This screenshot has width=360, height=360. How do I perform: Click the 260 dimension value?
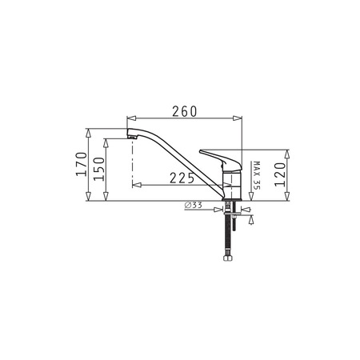tap(185, 111)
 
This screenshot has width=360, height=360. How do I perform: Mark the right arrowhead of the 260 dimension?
tap(238, 118)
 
